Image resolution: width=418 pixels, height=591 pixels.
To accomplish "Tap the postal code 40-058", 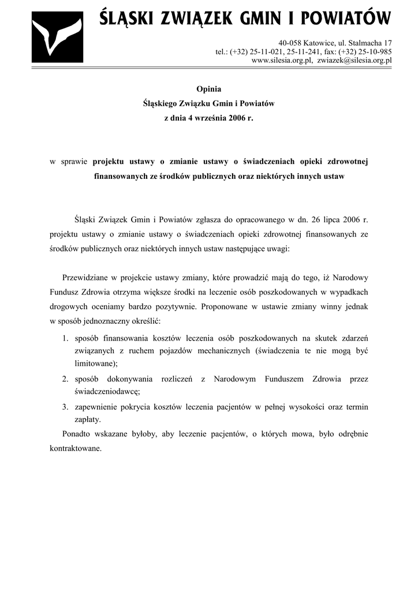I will pos(290,43).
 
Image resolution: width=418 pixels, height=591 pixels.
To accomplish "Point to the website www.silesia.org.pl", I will pos(281,59).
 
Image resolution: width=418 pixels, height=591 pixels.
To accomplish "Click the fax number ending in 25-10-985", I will pos(372,51).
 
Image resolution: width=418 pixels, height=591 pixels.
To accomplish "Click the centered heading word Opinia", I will pos(208,89).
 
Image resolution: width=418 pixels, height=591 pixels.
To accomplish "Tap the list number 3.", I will pos(66,407).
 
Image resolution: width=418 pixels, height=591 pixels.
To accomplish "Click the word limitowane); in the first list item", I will pos(96,364).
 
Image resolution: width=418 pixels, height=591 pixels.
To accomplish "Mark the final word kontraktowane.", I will pos(76,448).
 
